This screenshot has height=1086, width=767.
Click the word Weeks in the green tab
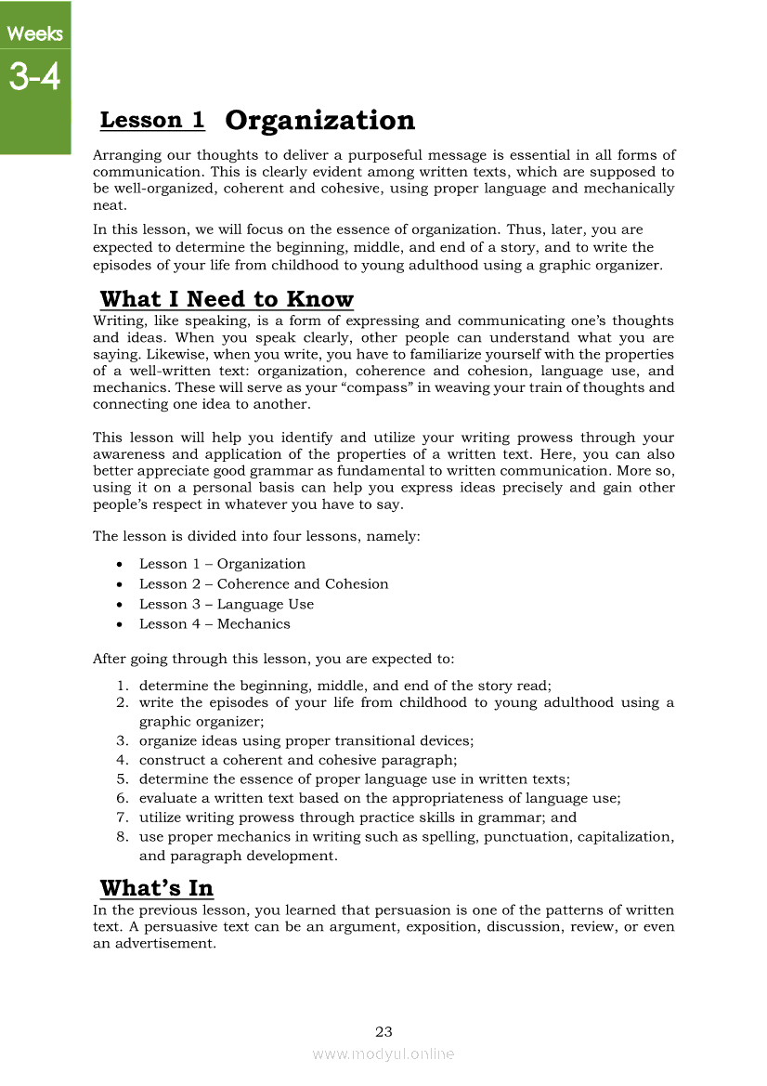pos(34,34)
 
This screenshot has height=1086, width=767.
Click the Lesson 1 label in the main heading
pos(152,120)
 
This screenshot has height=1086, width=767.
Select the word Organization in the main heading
pos(320,120)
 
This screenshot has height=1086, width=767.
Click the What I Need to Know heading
pos(227,299)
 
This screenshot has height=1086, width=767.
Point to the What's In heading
pos(157,887)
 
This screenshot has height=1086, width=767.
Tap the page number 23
pos(383,1031)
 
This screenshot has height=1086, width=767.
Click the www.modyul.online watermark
pos(383,1053)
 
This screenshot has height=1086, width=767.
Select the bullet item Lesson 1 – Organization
pos(222,564)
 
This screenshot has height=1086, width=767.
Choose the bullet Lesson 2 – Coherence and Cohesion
pos(264,584)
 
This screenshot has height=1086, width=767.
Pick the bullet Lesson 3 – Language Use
pos(227,604)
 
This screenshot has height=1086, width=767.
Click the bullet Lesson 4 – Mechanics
pos(214,624)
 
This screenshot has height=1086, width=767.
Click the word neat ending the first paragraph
pos(110,205)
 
